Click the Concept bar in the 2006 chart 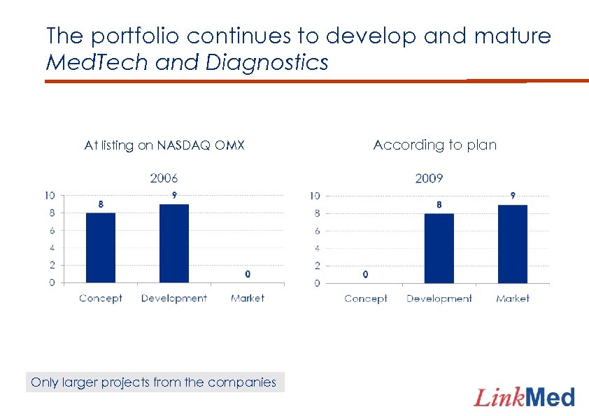pyautogui.click(x=101, y=248)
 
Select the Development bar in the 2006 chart pyautogui.click(x=174, y=243)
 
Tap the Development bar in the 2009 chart pyautogui.click(x=439, y=248)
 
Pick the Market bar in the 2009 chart pyautogui.click(x=513, y=244)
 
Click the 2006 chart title pyautogui.click(x=164, y=178)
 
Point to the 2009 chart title pyautogui.click(x=429, y=178)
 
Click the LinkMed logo pyautogui.click(x=525, y=398)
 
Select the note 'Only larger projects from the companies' pyautogui.click(x=154, y=382)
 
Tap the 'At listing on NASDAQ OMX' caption pyautogui.click(x=164, y=145)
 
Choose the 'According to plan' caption pyautogui.click(x=435, y=145)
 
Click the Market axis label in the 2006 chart pyautogui.click(x=248, y=298)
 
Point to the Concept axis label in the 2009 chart pyautogui.click(x=365, y=299)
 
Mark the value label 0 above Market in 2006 pyautogui.click(x=248, y=274)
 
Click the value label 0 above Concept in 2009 pyautogui.click(x=365, y=275)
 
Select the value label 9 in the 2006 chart pyautogui.click(x=173, y=195)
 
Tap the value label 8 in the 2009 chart pyautogui.click(x=439, y=205)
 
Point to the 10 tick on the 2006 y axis pyautogui.click(x=50, y=195)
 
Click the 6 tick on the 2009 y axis pyautogui.click(x=317, y=231)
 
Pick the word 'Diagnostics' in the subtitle pyautogui.click(x=267, y=63)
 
